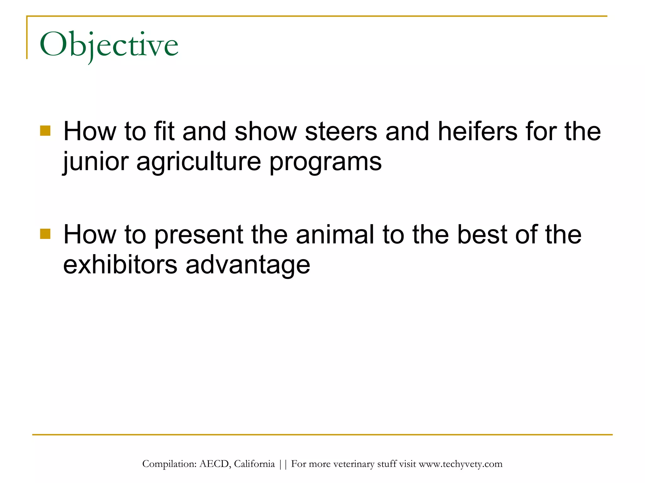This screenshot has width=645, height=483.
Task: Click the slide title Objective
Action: tap(109, 45)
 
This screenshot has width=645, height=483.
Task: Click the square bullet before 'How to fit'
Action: tap(45, 130)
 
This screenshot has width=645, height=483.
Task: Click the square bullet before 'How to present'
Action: tap(45, 234)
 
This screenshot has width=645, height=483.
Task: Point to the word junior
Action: tap(96, 162)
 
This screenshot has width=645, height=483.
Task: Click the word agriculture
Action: tap(198, 162)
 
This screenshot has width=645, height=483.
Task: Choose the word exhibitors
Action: tap(120, 264)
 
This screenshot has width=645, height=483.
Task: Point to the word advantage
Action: tap(248, 265)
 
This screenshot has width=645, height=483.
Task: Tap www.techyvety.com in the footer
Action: tap(460, 464)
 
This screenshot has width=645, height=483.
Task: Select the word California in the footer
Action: tap(254, 464)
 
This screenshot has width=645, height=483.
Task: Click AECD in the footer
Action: tap(215, 464)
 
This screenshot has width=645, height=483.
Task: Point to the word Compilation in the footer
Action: tap(169, 464)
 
